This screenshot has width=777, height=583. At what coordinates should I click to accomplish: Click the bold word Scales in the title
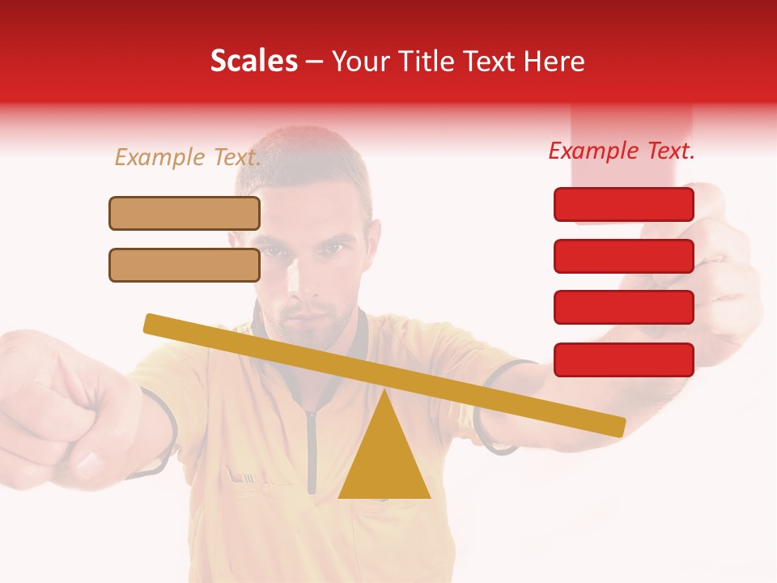coord(253,62)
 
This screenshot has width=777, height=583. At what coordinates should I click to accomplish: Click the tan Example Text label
coord(188,157)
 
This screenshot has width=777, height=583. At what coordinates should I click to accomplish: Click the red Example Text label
coord(622,151)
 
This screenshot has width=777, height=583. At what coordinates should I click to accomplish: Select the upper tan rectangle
coord(185,213)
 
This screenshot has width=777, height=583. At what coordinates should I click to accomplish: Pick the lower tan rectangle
coord(185,265)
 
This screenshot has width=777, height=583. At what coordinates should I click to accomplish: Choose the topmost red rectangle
coord(624,204)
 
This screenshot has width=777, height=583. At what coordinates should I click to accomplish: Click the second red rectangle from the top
coord(624,256)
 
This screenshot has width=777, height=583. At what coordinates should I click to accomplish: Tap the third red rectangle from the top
coord(624,307)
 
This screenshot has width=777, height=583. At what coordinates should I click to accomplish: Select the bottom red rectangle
coord(624,360)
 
